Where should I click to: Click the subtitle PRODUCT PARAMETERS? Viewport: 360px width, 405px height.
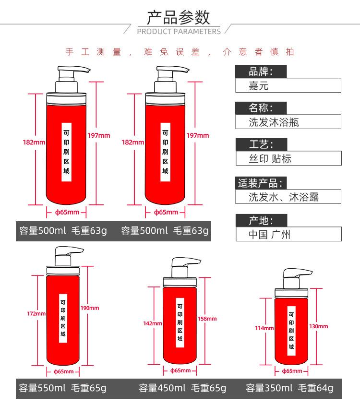[179, 32]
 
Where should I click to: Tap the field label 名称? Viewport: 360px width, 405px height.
[261, 108]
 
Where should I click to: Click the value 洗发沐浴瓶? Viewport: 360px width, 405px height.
[274, 122]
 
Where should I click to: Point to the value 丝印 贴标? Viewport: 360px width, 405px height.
[270, 158]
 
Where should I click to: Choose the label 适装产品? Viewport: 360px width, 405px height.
[260, 183]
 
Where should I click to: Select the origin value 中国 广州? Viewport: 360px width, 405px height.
[269, 234]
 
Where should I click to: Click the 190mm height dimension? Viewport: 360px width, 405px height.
[90, 308]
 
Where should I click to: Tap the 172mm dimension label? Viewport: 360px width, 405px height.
[36, 314]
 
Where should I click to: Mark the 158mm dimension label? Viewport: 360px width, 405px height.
[207, 319]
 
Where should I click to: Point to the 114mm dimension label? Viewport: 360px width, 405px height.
[264, 328]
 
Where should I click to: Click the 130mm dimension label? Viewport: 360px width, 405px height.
[319, 326]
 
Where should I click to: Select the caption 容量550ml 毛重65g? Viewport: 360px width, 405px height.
[63, 388]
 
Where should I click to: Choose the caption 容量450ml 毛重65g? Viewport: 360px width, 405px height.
[182, 388]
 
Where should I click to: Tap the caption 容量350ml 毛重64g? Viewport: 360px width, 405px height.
[289, 388]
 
